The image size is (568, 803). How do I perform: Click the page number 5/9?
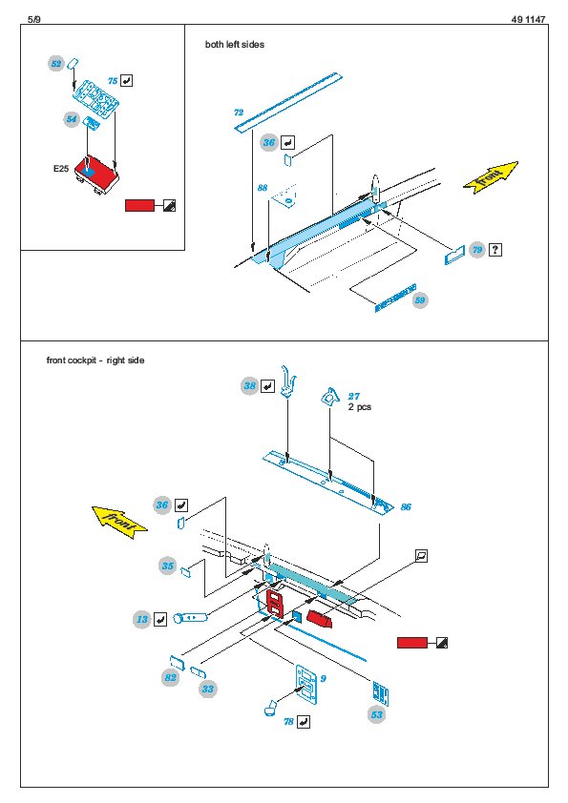pyautogui.click(x=33, y=19)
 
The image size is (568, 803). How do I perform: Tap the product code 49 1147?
pyautogui.click(x=528, y=19)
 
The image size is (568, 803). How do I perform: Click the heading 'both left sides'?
pyautogui.click(x=235, y=45)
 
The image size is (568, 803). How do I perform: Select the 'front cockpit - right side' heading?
pyautogui.click(x=95, y=360)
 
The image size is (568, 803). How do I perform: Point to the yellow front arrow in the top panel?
pyautogui.click(x=491, y=177)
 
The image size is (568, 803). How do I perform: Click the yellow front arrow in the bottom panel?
pyautogui.click(x=119, y=522)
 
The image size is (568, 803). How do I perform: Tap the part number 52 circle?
pyautogui.click(x=56, y=64)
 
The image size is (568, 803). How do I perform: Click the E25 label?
pyautogui.click(x=61, y=169)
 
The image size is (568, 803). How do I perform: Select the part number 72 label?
pyautogui.click(x=239, y=113)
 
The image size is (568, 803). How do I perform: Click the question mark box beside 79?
pyautogui.click(x=495, y=250)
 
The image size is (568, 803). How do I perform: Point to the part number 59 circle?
pyautogui.click(x=420, y=300)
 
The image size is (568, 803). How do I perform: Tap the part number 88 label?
pyautogui.click(x=263, y=188)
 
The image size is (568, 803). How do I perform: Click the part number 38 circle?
pyautogui.click(x=250, y=385)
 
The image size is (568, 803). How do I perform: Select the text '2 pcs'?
pyautogui.click(x=360, y=407)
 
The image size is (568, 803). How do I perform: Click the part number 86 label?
pyautogui.click(x=406, y=507)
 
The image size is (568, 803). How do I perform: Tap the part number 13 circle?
pyautogui.click(x=142, y=619)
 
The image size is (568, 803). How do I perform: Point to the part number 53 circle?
pyautogui.click(x=377, y=715)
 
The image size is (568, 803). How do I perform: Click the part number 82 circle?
pyautogui.click(x=170, y=677)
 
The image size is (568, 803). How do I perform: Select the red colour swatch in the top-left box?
pyautogui.click(x=139, y=205)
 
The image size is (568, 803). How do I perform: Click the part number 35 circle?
pyautogui.click(x=168, y=566)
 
